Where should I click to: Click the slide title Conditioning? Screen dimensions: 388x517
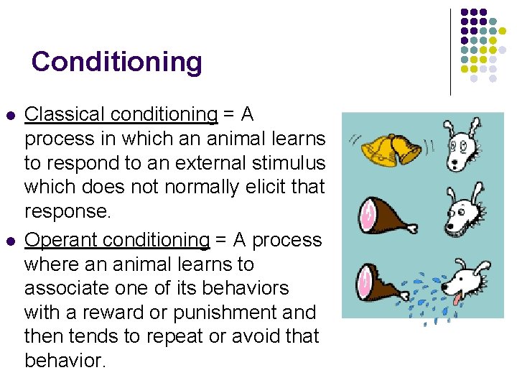tap(116, 62)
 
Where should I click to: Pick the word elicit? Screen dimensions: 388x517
tap(264, 188)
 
